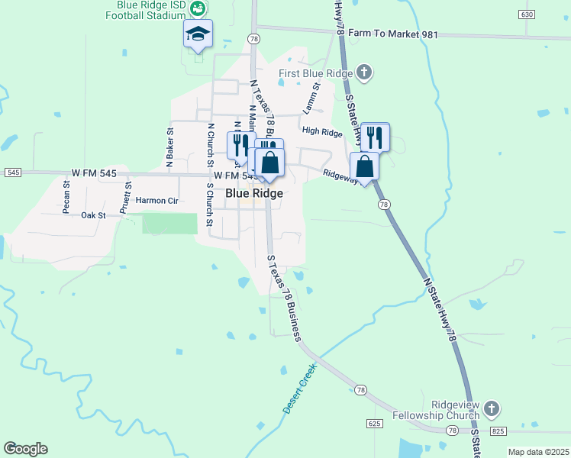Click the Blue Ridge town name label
tap(254, 194)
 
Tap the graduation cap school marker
tap(198, 34)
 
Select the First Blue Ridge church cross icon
tap(364, 73)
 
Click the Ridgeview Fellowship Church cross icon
tap(492, 409)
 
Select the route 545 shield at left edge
tap(12, 173)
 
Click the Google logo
tap(25, 449)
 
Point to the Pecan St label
tap(66, 195)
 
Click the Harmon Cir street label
tap(156, 201)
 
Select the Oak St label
tap(92, 216)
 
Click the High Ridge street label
tap(322, 132)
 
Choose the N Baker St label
tap(170, 146)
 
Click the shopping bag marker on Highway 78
tap(365, 166)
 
